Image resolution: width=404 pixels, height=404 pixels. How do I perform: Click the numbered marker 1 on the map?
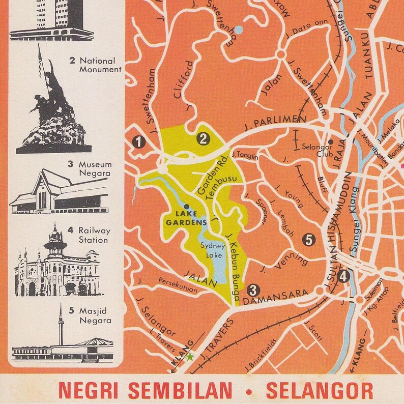138,142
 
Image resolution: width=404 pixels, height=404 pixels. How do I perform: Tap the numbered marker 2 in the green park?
204,138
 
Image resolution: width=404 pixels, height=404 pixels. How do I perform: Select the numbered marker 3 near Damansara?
252,291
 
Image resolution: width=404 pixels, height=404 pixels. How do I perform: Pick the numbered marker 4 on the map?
344,277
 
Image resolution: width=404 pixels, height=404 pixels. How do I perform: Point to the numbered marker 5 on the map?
308,239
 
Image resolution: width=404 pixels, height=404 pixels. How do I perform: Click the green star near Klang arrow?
190,357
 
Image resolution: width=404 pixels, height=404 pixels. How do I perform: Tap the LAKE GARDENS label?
185,219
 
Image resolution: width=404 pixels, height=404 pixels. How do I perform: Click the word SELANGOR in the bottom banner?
319,390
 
